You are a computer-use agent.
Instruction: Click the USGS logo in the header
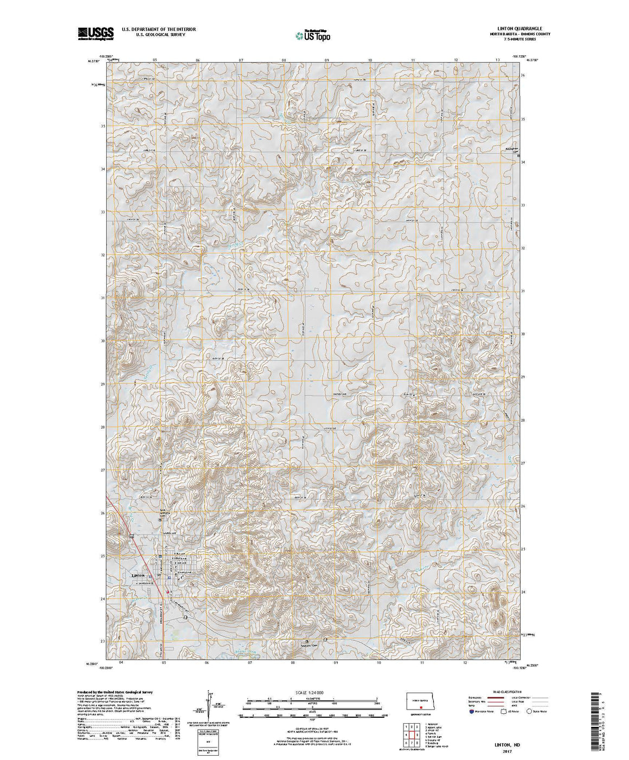[95, 34]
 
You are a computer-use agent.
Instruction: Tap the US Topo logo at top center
[312, 35]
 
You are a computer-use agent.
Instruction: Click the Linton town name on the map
[139, 575]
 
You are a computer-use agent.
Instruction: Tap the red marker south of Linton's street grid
[168, 592]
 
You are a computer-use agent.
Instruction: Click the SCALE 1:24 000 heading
[310, 693]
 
